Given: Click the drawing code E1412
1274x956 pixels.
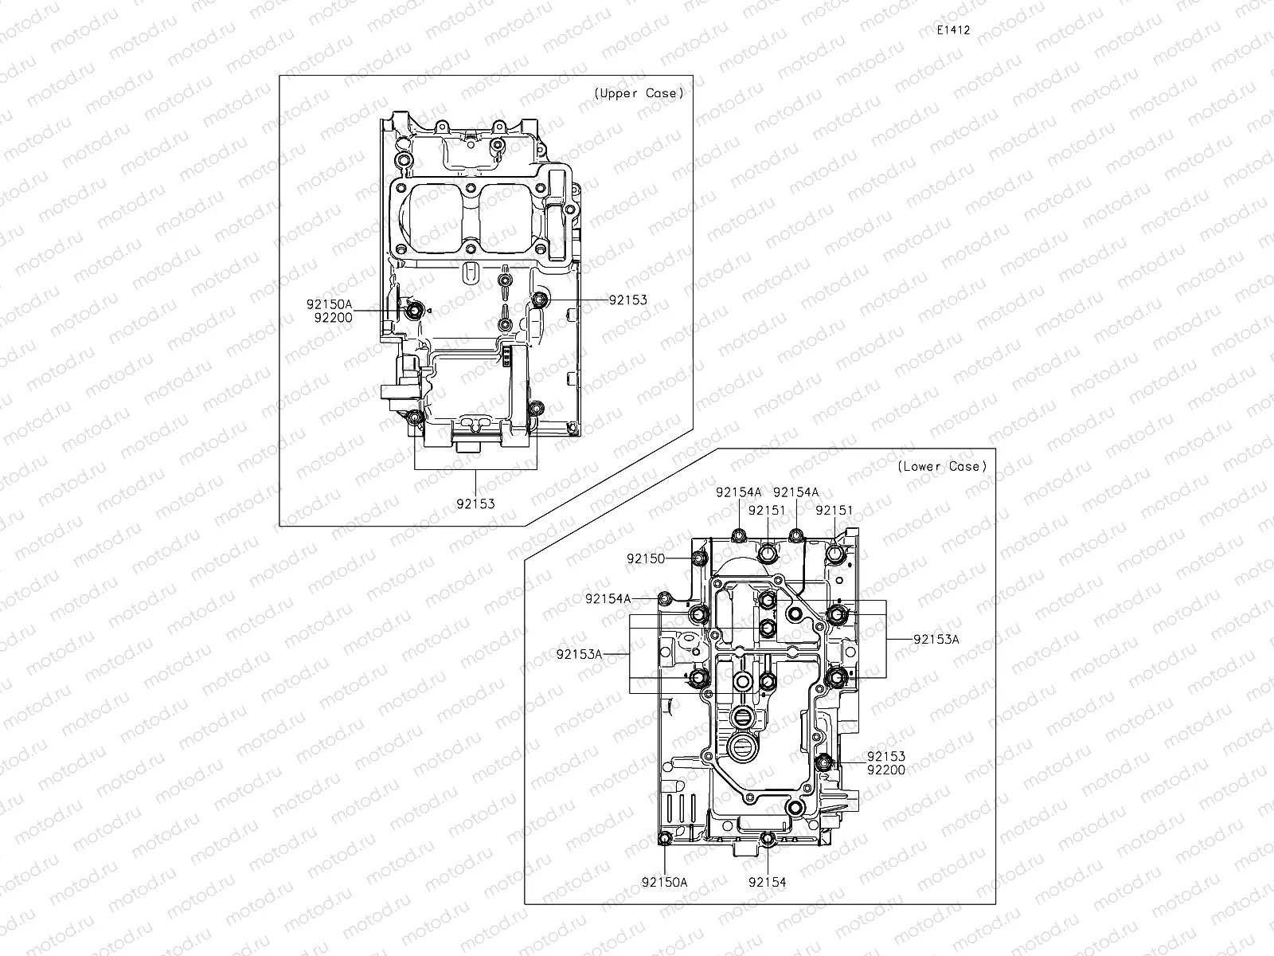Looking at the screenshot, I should tap(954, 29).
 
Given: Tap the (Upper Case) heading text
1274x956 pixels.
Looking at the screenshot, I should tap(639, 93).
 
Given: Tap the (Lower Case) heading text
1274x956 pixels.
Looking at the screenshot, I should tap(942, 466).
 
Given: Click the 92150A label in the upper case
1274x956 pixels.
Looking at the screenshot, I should tap(329, 304).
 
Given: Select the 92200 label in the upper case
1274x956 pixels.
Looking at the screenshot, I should tap(333, 317).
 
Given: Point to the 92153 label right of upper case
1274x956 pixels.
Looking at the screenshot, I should tap(627, 300).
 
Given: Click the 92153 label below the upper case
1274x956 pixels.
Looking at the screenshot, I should tap(475, 503).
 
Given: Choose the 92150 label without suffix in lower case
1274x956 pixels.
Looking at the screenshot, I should tap(646, 559).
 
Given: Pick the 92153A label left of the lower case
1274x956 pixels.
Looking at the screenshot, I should tap(580, 654).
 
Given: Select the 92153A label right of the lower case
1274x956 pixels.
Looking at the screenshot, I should tap(936, 639).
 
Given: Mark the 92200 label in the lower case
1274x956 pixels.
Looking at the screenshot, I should tap(886, 770).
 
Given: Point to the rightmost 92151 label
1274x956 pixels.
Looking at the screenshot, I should tap(834, 510).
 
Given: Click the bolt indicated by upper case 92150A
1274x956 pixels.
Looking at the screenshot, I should tap(413, 310).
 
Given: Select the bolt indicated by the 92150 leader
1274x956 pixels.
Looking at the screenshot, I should tap(700, 559).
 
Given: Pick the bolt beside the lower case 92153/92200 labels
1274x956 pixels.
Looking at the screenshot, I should tap(825, 763).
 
